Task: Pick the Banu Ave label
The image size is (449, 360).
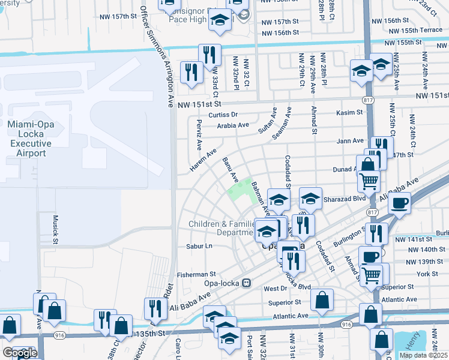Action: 230,170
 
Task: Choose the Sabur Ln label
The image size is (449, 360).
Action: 199,246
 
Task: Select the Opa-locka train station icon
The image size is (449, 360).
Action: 246,283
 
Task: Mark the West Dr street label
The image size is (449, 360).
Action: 276,289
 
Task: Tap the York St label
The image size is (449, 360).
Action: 430,274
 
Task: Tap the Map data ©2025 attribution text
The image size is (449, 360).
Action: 423,355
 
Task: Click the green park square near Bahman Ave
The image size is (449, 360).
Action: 240,193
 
